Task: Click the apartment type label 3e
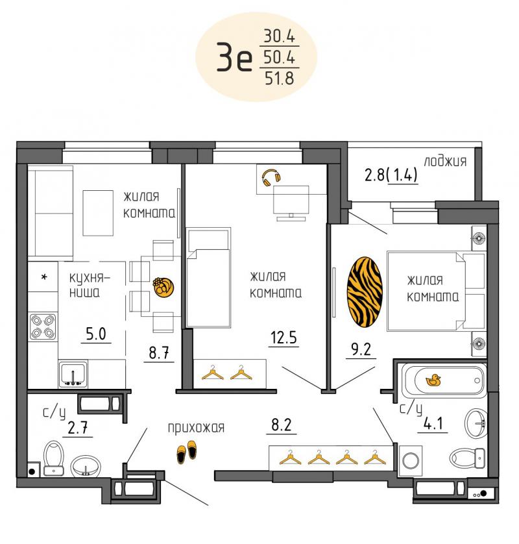[234, 57]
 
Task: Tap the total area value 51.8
[280, 78]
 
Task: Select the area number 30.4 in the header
[280, 36]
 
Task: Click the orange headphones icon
[271, 178]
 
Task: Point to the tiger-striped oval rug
[365, 291]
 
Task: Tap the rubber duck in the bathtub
[433, 380]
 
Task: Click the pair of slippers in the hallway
[186, 452]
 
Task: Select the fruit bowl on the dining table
[163, 287]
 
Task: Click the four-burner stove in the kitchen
[43, 327]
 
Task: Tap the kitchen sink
[73, 375]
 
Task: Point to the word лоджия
[445, 162]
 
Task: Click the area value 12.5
[284, 337]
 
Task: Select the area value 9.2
[361, 349]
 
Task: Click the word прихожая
[196, 428]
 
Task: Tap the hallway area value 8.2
[281, 425]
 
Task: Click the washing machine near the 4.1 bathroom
[411, 461]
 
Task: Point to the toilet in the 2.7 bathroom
[54, 458]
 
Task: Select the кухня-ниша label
[90, 285]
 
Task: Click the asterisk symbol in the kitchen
[44, 277]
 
